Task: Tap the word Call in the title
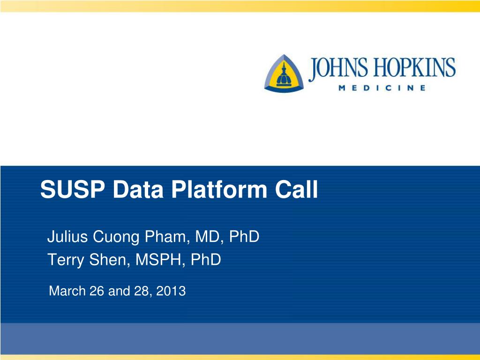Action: tap(296, 189)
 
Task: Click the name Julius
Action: tap(67, 236)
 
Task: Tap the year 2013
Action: tap(171, 291)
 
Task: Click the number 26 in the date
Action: tap(97, 291)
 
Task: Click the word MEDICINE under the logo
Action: tap(382, 88)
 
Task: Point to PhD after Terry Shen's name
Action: tap(206, 260)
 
